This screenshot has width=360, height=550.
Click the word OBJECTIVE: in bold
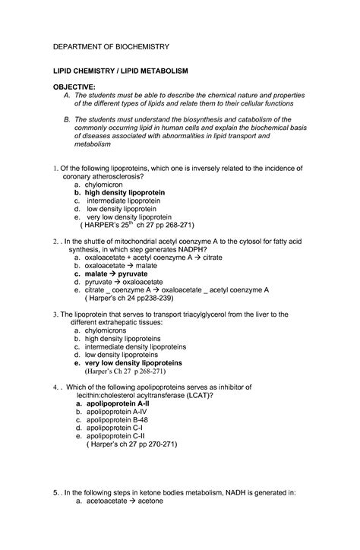(x=74, y=87)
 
